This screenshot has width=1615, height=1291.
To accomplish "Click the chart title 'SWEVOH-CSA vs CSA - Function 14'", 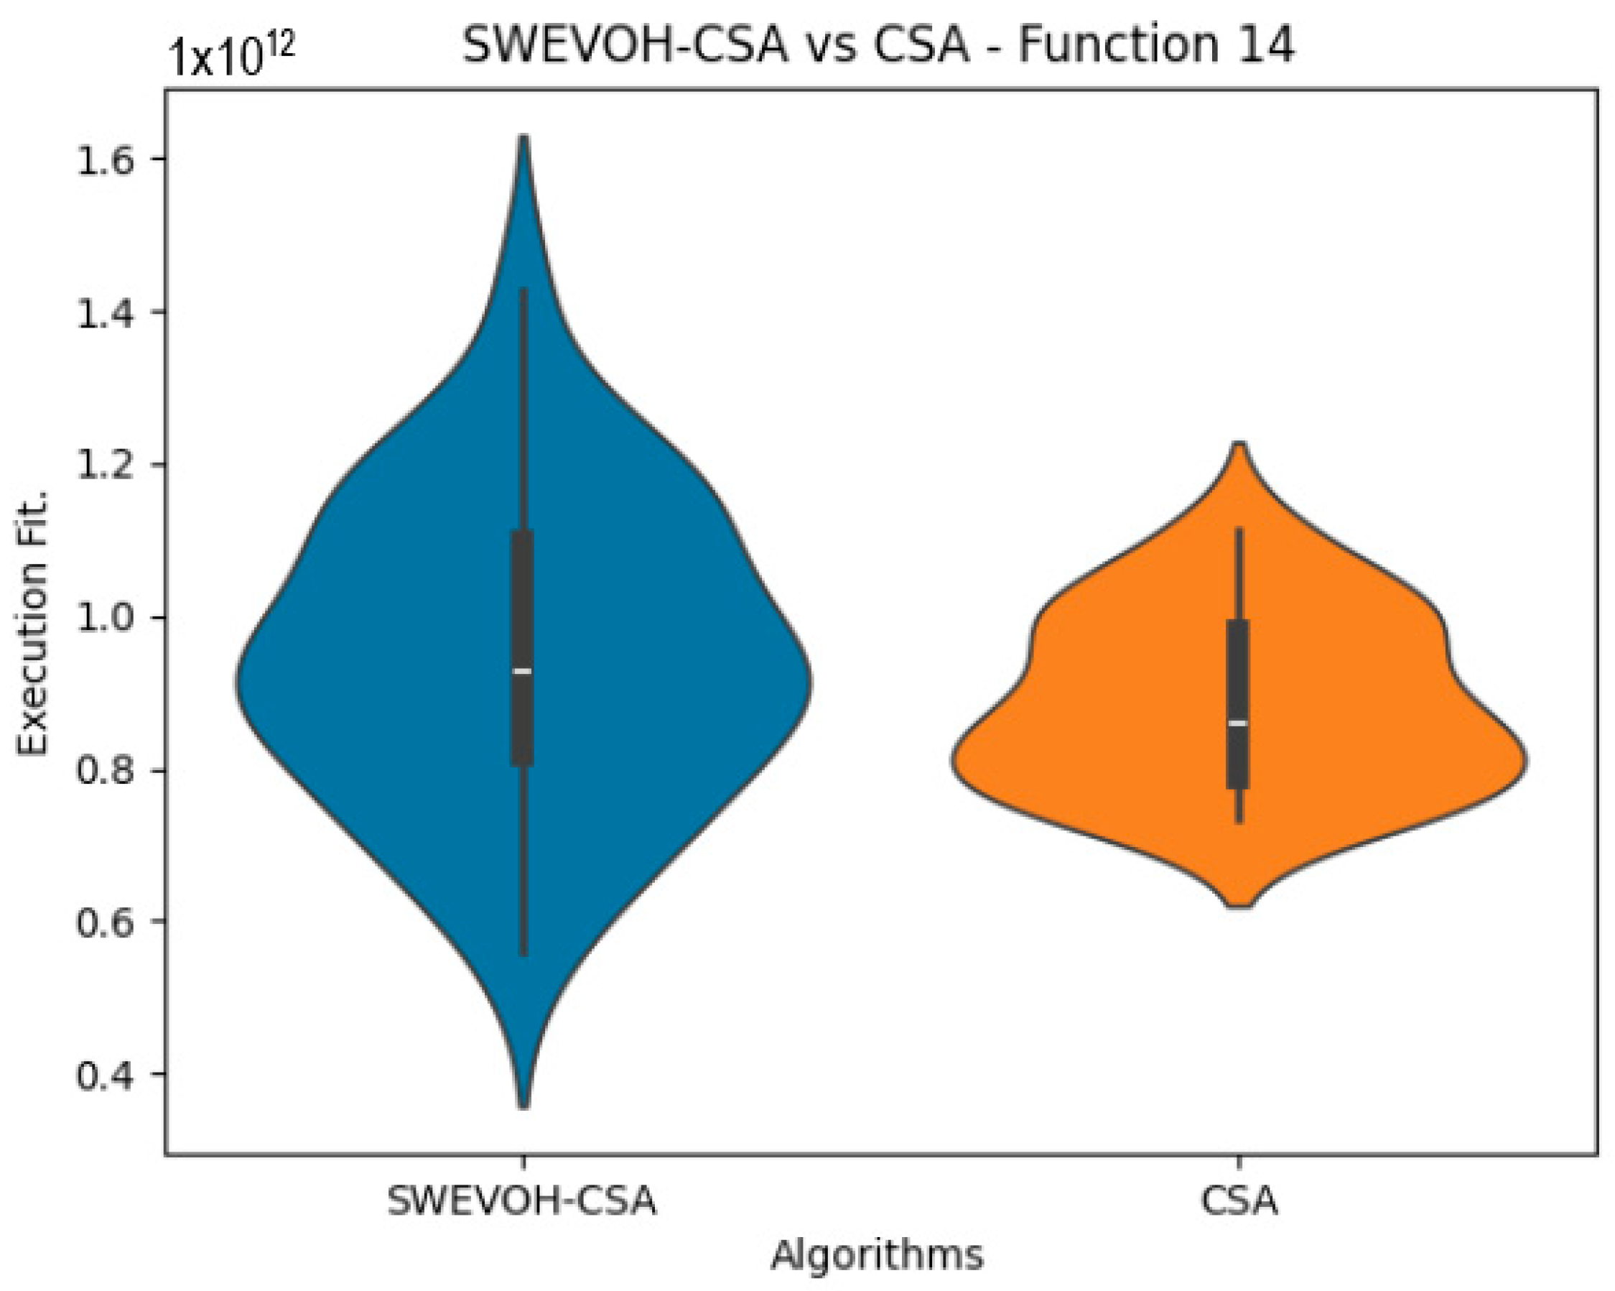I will coord(878,47).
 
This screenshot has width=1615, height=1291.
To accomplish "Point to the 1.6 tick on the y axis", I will coord(110,159).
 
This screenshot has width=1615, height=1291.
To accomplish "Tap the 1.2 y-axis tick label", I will coord(110,465).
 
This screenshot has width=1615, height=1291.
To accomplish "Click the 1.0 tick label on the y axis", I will coord(110,617).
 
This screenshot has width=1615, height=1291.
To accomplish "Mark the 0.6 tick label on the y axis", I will coord(110,922).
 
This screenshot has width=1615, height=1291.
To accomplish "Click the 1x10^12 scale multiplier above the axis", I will coord(231,55).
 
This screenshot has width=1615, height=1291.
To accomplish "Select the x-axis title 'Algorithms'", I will coord(876,1255).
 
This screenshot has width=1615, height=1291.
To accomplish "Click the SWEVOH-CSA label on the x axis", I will coord(521,1200).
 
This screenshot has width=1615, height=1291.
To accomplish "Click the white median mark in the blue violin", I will coord(522,671).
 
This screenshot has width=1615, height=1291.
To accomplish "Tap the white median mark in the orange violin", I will coord(1238,723).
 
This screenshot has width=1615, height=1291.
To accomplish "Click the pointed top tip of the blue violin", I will coord(524,141).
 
